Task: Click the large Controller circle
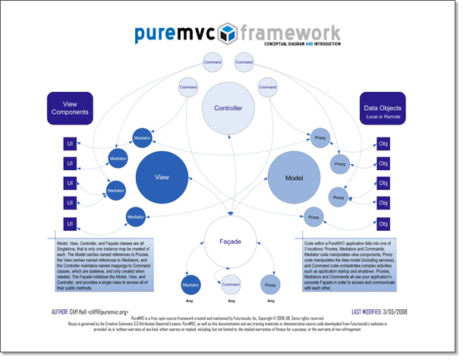click(227, 108)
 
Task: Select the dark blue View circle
click(162, 176)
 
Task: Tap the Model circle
click(293, 176)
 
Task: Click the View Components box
click(70, 108)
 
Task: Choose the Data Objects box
click(382, 108)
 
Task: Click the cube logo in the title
click(227, 33)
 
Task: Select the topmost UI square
click(70, 144)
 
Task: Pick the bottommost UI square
click(70, 223)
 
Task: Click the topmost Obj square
click(383, 144)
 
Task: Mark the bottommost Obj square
click(383, 223)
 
